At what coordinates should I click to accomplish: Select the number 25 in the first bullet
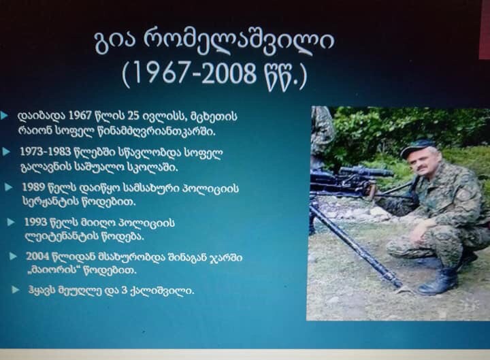(133, 116)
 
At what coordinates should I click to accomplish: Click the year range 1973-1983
(46, 152)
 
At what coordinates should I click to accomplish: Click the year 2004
(37, 257)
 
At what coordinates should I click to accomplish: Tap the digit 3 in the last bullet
(124, 291)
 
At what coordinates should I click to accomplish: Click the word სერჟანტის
(48, 201)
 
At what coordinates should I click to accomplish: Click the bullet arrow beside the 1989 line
(8, 188)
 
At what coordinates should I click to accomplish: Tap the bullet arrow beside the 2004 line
(13, 257)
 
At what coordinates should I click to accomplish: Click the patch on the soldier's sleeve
(464, 195)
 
